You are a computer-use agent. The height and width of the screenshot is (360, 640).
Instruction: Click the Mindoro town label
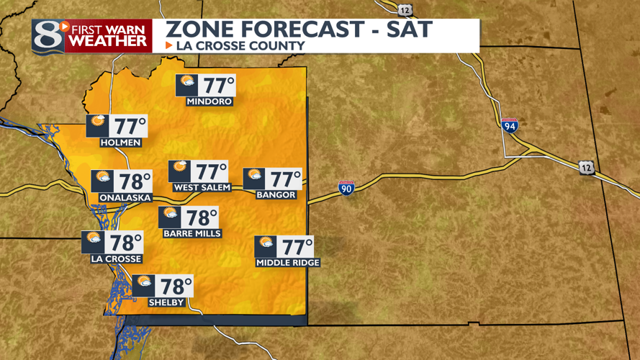209,102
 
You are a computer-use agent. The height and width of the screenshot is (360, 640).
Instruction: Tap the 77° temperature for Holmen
131,127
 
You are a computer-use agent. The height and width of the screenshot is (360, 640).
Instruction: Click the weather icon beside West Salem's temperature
179,171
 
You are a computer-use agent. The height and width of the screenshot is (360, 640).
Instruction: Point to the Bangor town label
275,194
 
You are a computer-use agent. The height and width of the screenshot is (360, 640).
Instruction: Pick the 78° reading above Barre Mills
202,217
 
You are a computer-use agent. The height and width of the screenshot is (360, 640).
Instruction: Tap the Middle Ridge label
287,263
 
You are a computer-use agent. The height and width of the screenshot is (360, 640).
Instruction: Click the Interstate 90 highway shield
346,189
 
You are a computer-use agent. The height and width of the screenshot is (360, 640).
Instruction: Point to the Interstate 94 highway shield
510,125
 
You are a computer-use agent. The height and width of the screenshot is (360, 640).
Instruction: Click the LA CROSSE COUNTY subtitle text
240,46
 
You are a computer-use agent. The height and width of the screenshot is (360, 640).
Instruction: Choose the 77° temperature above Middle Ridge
297,247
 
